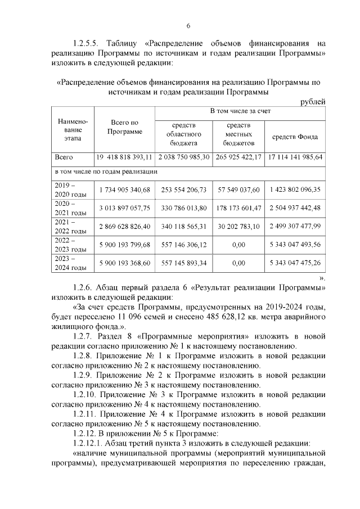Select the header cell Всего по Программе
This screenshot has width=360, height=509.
click(124, 127)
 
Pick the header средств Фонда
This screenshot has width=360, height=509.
click(295, 137)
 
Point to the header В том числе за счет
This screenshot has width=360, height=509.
click(240, 111)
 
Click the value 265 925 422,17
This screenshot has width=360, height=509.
click(238, 157)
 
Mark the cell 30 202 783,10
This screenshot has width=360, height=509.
click(238, 226)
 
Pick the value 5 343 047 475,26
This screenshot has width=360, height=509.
click(295, 262)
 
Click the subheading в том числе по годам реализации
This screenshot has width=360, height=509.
click(105, 171)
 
